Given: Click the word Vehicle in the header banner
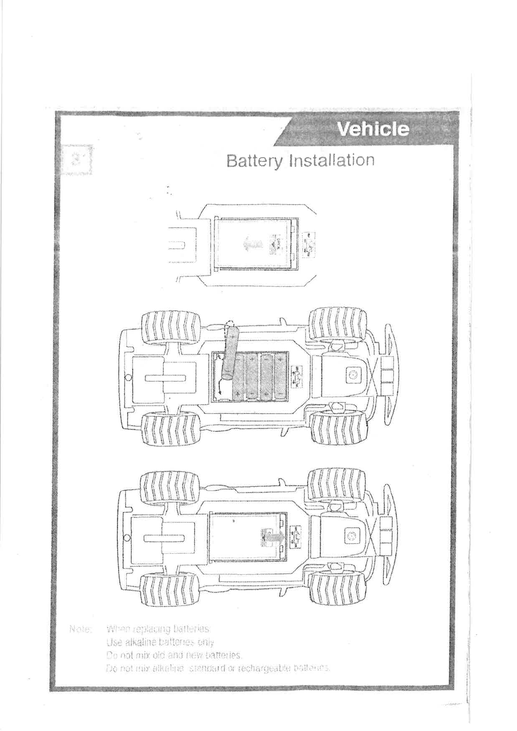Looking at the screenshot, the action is point(373,129).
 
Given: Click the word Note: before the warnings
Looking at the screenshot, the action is point(80,629).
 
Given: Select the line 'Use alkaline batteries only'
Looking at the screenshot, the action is point(160,642).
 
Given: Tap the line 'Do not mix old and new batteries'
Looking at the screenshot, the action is point(174,655).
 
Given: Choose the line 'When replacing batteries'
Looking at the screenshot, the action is point(159,629).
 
